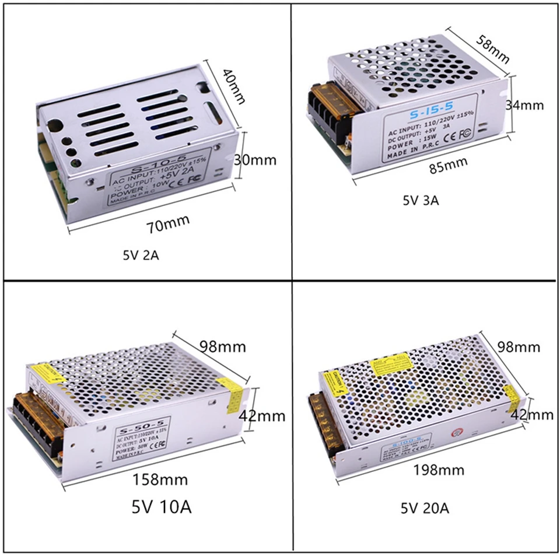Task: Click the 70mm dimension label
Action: point(169,224)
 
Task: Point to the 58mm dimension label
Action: point(492,49)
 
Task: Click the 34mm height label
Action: point(524,105)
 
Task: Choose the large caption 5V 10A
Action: point(162,506)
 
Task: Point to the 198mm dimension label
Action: point(439,470)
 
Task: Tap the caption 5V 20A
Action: point(424,508)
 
